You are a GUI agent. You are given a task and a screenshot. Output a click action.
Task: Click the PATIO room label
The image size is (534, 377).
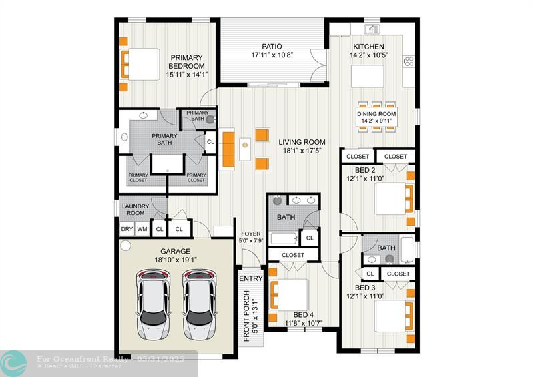pyautogui.click(x=272, y=46)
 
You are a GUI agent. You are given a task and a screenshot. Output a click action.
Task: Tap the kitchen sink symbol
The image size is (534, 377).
pyautogui.click(x=372, y=29)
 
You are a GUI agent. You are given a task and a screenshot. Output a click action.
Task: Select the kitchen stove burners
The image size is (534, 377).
pyautogui.click(x=409, y=61)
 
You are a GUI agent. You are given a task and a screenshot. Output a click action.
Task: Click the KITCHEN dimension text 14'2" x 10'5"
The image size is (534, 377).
pyautogui.click(x=369, y=55)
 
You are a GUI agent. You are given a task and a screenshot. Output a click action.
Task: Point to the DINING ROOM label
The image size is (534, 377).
pyautogui.click(x=376, y=114)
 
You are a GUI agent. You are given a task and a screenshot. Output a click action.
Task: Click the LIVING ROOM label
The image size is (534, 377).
pyautogui.click(x=302, y=142)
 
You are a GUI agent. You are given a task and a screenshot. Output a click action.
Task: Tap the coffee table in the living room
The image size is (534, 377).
pyautogui.click(x=245, y=149)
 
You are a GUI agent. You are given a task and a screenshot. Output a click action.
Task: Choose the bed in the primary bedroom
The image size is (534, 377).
pyautogui.click(x=140, y=64)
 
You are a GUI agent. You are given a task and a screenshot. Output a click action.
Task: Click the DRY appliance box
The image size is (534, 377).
pyautogui.click(x=127, y=229)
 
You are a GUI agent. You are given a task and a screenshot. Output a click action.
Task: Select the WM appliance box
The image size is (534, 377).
pyautogui.click(x=142, y=229)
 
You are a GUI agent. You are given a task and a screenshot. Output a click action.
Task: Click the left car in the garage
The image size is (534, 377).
pyautogui.click(x=153, y=304)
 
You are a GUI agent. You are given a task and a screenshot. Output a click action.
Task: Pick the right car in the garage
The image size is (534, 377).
pyautogui.click(x=199, y=304)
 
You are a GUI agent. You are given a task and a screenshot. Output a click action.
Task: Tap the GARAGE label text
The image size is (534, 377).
pyautogui.click(x=175, y=252)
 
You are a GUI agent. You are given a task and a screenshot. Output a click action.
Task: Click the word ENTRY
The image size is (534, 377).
pyautogui.click(x=251, y=278)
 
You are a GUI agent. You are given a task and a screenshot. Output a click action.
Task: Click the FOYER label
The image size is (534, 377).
pyautogui.click(x=251, y=234)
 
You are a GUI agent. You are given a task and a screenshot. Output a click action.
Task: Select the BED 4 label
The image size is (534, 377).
pyautogui.click(x=303, y=315)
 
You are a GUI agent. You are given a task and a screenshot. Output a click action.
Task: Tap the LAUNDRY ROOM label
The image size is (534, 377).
pyautogui.click(x=136, y=210)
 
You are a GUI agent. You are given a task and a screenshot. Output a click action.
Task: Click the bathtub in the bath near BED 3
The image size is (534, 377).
pyautogui.click(x=407, y=250)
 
